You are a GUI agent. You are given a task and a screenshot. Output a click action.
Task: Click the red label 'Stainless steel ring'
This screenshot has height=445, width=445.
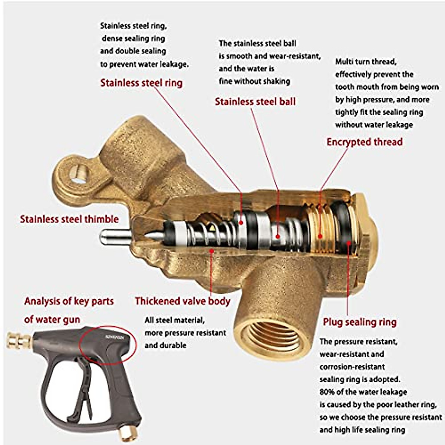[x=141, y=83]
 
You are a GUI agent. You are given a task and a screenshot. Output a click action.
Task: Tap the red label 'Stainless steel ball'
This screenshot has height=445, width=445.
[x=255, y=102]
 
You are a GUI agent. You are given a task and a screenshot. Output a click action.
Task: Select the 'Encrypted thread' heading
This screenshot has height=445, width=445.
[x=364, y=142]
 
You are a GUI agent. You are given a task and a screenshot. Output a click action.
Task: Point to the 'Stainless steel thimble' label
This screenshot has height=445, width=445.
[x=69, y=219]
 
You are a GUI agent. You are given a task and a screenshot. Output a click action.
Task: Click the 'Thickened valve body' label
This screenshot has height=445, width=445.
[x=182, y=301]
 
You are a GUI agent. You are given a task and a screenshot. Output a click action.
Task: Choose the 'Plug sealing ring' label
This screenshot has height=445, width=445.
[x=359, y=322]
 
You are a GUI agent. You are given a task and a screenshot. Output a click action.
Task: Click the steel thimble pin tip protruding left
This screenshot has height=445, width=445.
[x=106, y=237]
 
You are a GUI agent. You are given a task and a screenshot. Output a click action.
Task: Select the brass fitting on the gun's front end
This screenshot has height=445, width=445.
[x=19, y=340]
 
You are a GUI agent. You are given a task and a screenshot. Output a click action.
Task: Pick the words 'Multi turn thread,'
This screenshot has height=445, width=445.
[x=366, y=62]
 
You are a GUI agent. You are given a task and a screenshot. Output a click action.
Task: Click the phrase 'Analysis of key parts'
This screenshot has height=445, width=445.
[x=69, y=301]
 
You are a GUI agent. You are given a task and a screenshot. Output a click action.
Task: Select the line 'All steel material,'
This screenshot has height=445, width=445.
[x=174, y=320]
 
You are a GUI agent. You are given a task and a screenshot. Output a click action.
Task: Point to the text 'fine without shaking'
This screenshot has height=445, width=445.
[x=254, y=81]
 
